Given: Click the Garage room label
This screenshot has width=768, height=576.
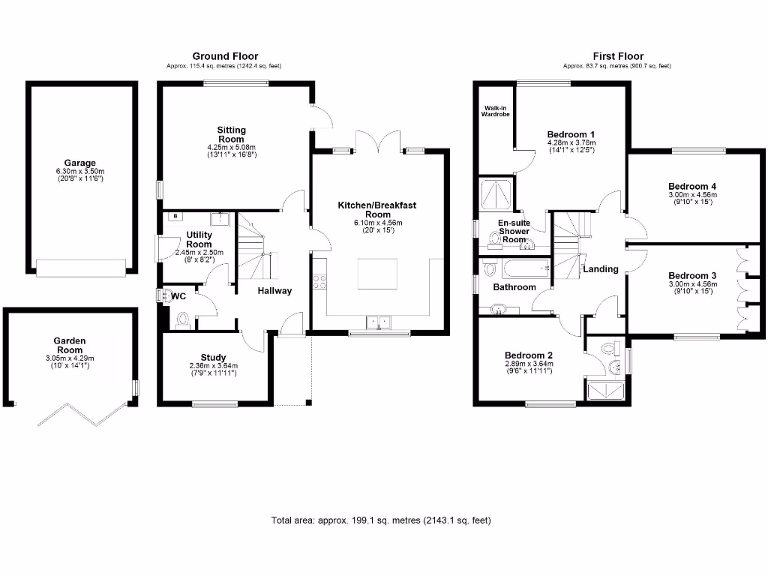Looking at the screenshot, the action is pos(79,163).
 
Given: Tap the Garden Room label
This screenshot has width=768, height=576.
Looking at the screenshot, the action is pos(70,345).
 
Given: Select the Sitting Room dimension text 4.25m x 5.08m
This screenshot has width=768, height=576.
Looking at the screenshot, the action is pos(231,147).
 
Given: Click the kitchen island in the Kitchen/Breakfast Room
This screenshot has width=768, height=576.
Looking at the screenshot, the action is pos(377,274).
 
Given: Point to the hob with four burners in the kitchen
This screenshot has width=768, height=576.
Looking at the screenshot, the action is pos(319,282).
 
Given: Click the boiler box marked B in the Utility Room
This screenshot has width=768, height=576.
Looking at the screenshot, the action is pos(175,217).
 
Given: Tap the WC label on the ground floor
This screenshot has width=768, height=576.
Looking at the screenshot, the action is pos(178,296).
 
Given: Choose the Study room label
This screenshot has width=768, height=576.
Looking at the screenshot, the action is pos(213,358).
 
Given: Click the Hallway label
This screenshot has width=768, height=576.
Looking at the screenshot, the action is pos(274,291).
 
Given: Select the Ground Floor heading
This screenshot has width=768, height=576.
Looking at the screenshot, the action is pos(225,56).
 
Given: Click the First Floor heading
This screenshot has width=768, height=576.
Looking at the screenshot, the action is pos(618,56).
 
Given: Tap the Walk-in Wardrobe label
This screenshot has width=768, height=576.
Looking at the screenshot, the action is pos(495,111).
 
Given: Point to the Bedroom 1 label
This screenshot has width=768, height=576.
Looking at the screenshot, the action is pos(571,134).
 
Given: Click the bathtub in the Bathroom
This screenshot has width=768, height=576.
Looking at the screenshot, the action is pos(526,268).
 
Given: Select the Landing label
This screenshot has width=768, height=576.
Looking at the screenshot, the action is pos(601,269).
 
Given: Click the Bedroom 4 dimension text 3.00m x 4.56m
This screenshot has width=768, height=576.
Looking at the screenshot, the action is pos(692,194).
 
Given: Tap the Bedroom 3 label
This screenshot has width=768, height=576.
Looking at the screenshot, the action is pos(692,276).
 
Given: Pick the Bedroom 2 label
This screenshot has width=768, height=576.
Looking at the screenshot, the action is pos(529,355).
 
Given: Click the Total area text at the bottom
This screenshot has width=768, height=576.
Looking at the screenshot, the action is pos(381,520).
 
